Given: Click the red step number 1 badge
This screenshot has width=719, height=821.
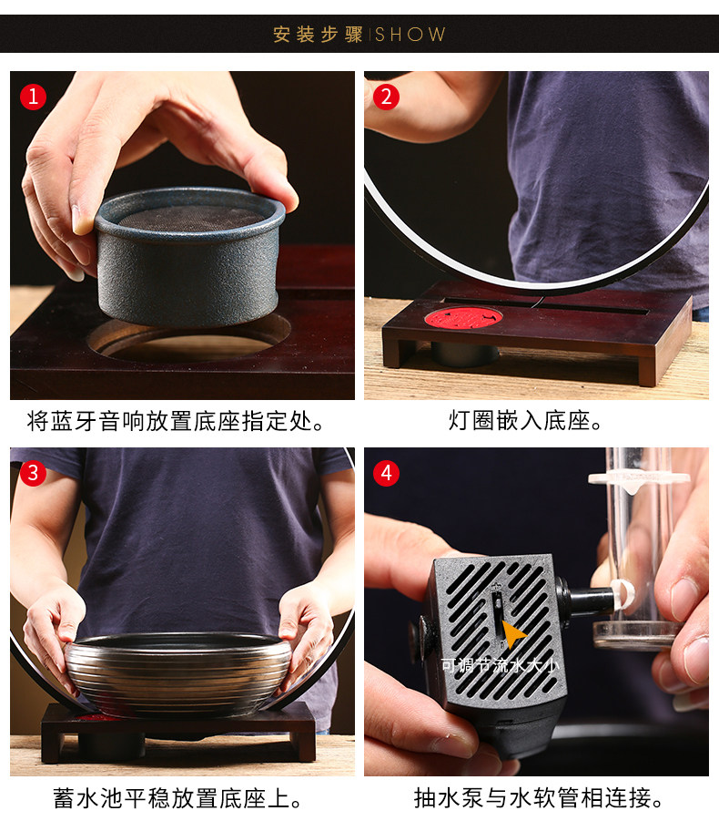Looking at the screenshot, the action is coord(33,97).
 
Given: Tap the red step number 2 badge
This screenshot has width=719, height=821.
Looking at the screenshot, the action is coord(387,97).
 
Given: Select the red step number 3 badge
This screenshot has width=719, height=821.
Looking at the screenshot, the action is coord(33,473).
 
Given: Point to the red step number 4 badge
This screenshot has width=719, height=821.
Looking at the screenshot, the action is coord(387,473).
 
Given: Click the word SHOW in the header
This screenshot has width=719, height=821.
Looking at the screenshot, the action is coord(410,35).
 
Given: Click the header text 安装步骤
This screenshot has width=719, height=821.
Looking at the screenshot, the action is coord(318,35).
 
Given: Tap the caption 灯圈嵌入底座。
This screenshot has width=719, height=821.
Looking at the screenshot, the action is coord(526,420).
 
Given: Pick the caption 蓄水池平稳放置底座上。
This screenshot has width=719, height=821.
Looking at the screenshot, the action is coord(178,798).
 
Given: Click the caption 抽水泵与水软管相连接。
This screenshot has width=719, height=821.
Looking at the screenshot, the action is coord(539,798).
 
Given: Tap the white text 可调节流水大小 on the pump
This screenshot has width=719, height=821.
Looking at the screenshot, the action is coord(501,665).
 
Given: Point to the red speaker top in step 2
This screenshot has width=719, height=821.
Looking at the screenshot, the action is coord(463,318).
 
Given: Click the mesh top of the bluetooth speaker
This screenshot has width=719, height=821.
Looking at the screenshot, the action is coord(190,217).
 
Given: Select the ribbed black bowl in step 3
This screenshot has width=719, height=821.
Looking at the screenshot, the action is coord(178,672).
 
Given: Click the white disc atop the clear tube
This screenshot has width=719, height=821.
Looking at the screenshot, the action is coord(639,478).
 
